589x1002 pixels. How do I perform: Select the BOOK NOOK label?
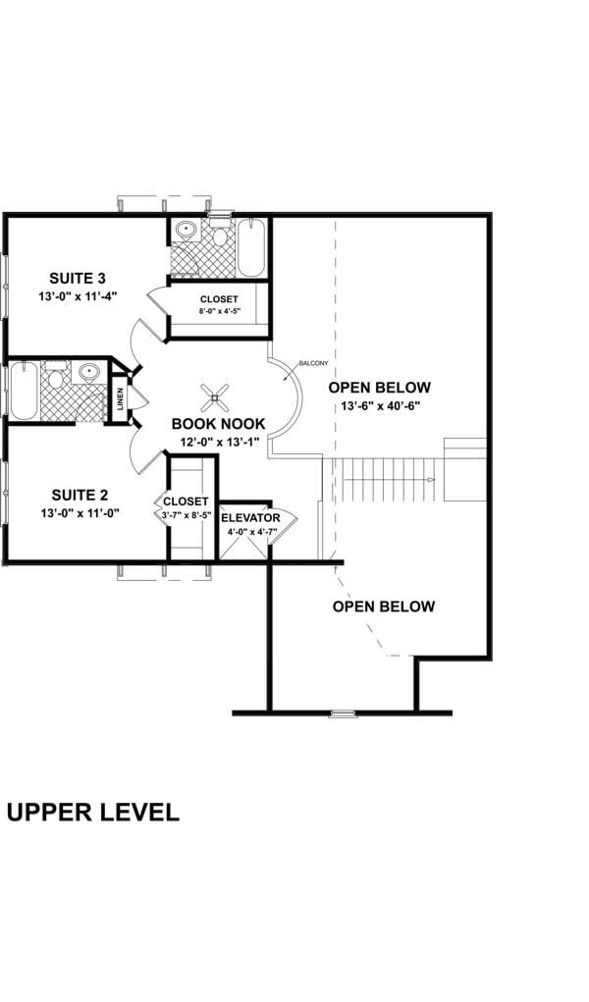pos(218,423)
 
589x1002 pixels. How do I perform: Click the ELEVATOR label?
pos(250,517)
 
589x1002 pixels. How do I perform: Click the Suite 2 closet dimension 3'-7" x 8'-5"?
pos(187,513)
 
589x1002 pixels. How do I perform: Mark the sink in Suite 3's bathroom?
pos(185,231)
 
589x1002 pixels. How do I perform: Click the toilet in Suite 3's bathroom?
pos(220,235)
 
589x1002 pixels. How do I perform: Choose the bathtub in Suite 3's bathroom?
pos(250,247)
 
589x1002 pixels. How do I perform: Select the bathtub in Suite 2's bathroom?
pos(24,391)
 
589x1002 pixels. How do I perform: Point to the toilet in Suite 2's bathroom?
pos(57,376)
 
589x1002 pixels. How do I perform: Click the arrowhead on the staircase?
pos(431,479)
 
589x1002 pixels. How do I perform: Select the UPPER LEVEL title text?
pos(92,813)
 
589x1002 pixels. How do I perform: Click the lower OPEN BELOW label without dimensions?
pos(383,606)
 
